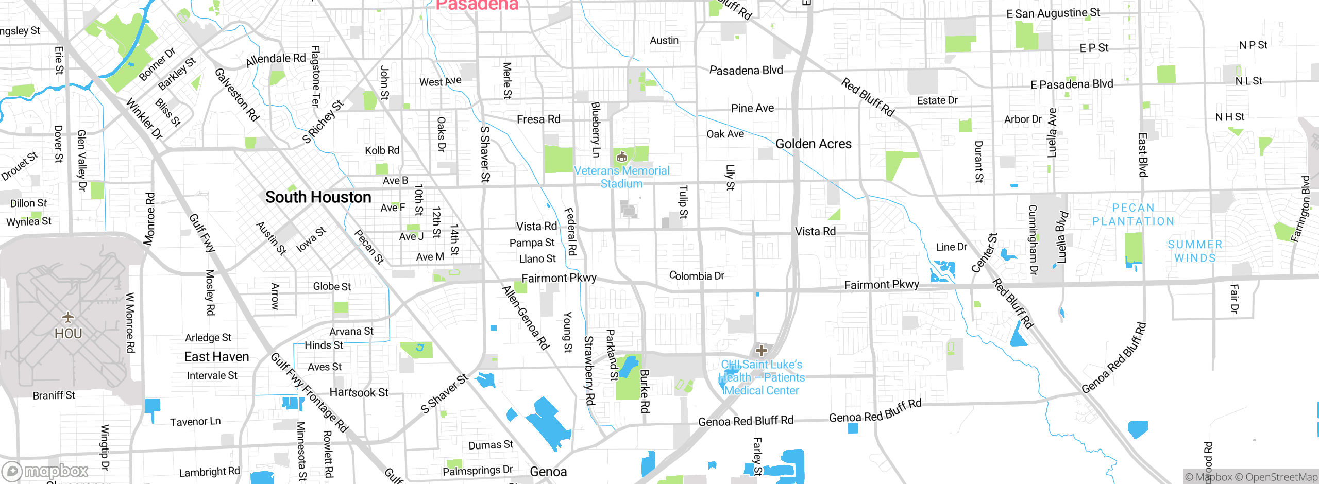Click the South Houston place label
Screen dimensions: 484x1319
(318, 197)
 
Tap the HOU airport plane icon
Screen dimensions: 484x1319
(67, 317)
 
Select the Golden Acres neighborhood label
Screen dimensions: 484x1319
(813, 144)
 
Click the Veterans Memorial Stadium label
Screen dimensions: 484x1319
(621, 177)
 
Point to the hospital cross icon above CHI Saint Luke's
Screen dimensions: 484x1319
(761, 351)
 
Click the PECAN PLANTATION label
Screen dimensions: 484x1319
(1133, 215)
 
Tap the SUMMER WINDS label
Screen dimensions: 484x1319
(1195, 251)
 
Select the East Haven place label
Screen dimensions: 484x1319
(216, 357)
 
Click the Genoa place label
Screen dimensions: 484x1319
(548, 472)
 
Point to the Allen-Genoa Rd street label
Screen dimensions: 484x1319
(526, 318)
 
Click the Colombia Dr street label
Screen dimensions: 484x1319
(696, 276)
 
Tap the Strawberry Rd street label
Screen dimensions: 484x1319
(589, 370)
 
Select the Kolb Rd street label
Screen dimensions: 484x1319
(382, 150)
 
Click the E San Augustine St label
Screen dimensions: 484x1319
(1053, 13)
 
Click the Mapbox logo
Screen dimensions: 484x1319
(45, 471)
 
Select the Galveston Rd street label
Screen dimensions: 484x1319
(237, 95)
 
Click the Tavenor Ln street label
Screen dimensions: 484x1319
(195, 422)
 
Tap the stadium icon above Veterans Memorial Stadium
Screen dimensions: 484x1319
(621, 157)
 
